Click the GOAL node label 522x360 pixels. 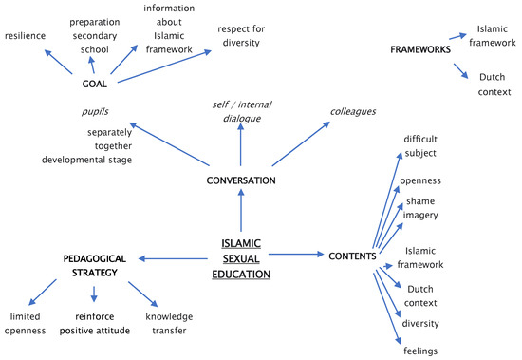pos(93,83)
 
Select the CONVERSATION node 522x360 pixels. pos(241,180)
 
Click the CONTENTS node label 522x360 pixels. pos(354,256)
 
